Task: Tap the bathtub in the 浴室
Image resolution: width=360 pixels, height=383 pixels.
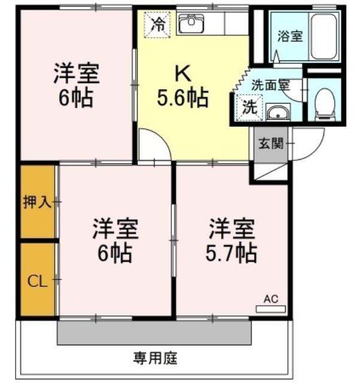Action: click(x=324, y=36)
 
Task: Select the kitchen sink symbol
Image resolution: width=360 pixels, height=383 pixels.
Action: click(x=191, y=24)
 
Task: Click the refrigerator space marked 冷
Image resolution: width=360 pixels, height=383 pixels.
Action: click(x=158, y=25)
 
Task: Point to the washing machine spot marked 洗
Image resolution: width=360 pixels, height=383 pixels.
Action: click(x=249, y=108)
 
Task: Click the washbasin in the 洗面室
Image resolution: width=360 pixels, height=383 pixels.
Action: click(x=278, y=113)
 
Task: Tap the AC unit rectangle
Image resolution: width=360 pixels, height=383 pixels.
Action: click(x=271, y=309)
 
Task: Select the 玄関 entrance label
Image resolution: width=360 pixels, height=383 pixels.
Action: click(x=271, y=143)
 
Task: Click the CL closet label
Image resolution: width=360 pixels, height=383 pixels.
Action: click(x=37, y=281)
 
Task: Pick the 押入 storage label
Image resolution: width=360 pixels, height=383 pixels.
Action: click(x=37, y=202)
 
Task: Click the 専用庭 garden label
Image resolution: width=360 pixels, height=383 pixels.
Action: click(x=155, y=358)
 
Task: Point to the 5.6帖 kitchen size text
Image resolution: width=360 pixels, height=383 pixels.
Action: click(x=183, y=98)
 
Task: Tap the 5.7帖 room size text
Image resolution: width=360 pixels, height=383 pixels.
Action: click(x=231, y=253)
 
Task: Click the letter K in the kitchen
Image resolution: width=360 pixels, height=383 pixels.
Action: click(x=183, y=74)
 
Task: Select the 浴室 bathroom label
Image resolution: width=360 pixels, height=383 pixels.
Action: click(x=290, y=36)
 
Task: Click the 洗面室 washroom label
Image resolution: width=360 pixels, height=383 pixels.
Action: click(x=271, y=85)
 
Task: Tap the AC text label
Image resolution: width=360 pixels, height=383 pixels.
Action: click(x=271, y=299)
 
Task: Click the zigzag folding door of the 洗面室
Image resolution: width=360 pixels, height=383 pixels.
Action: click(x=241, y=79)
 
